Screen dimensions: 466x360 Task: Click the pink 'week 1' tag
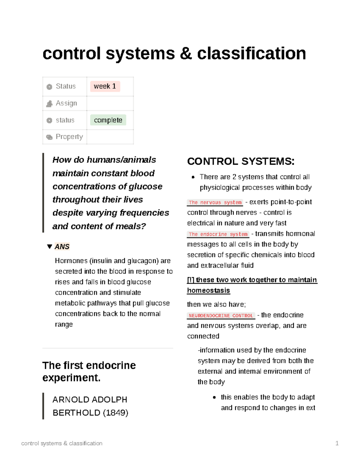click(x=105, y=86)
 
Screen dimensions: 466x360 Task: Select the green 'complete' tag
click(x=108, y=120)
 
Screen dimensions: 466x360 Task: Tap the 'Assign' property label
click(x=66, y=103)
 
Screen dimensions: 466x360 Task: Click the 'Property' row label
click(x=69, y=137)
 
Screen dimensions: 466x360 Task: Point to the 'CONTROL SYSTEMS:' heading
click(x=241, y=161)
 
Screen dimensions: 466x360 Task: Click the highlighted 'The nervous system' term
click(x=215, y=203)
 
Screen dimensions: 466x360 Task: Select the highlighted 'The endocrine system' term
click(x=218, y=234)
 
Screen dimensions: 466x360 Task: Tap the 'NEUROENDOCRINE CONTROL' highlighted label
click(x=221, y=316)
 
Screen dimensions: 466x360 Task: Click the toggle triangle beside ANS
click(x=50, y=247)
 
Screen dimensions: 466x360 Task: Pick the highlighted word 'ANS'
click(x=62, y=247)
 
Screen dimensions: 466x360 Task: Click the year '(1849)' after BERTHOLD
click(x=115, y=413)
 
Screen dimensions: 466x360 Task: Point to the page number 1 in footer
click(x=337, y=443)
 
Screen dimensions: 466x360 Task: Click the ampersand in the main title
click(x=186, y=53)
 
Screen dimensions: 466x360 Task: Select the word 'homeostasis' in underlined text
click(x=208, y=290)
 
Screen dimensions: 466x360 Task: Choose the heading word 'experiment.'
click(x=71, y=377)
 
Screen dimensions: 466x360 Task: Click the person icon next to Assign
click(x=49, y=104)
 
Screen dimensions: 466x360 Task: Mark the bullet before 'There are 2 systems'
click(x=193, y=177)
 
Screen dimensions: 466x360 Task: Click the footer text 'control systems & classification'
click(x=62, y=443)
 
